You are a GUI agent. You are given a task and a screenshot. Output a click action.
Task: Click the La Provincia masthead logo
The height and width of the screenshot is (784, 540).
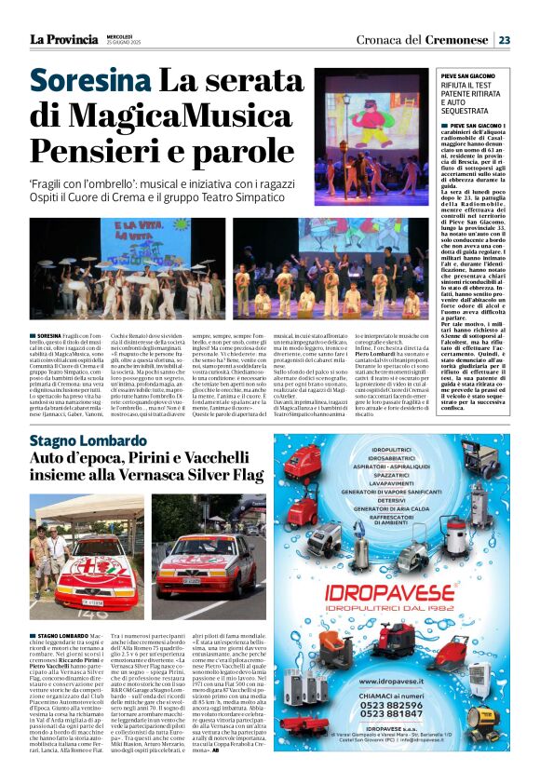pos(63,39)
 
